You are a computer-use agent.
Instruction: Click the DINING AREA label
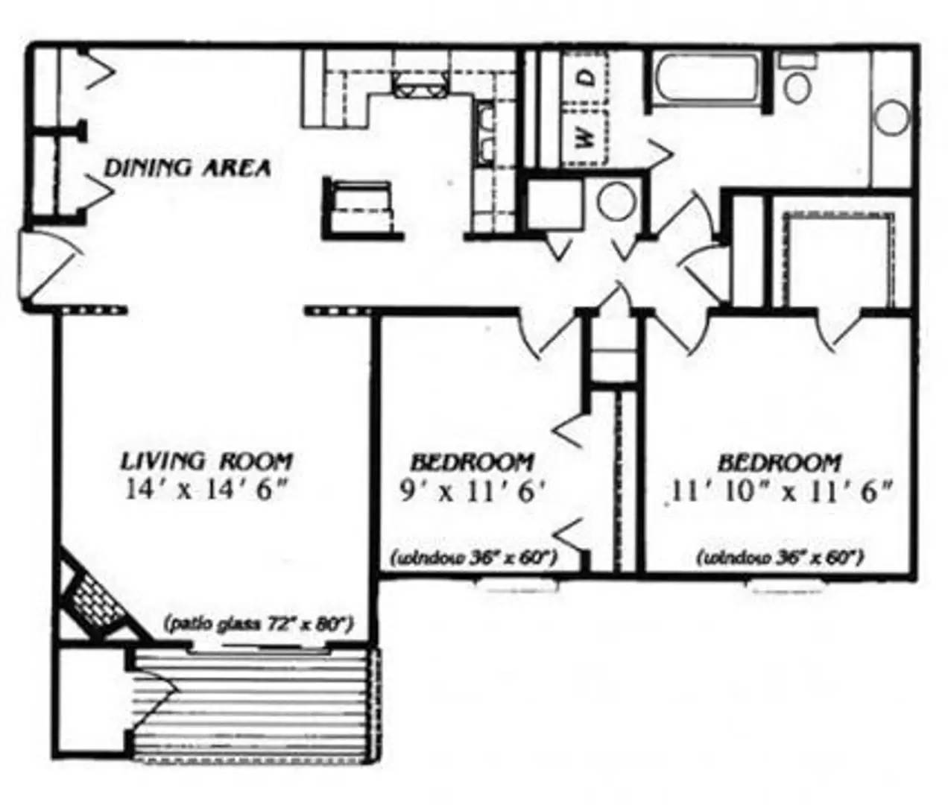[x=186, y=168]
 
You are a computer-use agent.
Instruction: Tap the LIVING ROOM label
[x=206, y=461]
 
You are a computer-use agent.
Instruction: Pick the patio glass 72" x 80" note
[x=257, y=622]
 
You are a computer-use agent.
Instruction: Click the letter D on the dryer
[x=587, y=77]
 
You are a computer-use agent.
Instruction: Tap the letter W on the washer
[x=586, y=136]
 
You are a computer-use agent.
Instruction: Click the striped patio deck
[x=253, y=704]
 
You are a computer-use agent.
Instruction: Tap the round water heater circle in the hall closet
[x=616, y=201]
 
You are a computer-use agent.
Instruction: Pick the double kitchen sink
[x=485, y=134]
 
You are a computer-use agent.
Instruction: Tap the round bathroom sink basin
[x=891, y=119]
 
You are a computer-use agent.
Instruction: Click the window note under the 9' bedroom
[x=475, y=557]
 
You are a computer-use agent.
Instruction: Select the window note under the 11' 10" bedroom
[x=780, y=557]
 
